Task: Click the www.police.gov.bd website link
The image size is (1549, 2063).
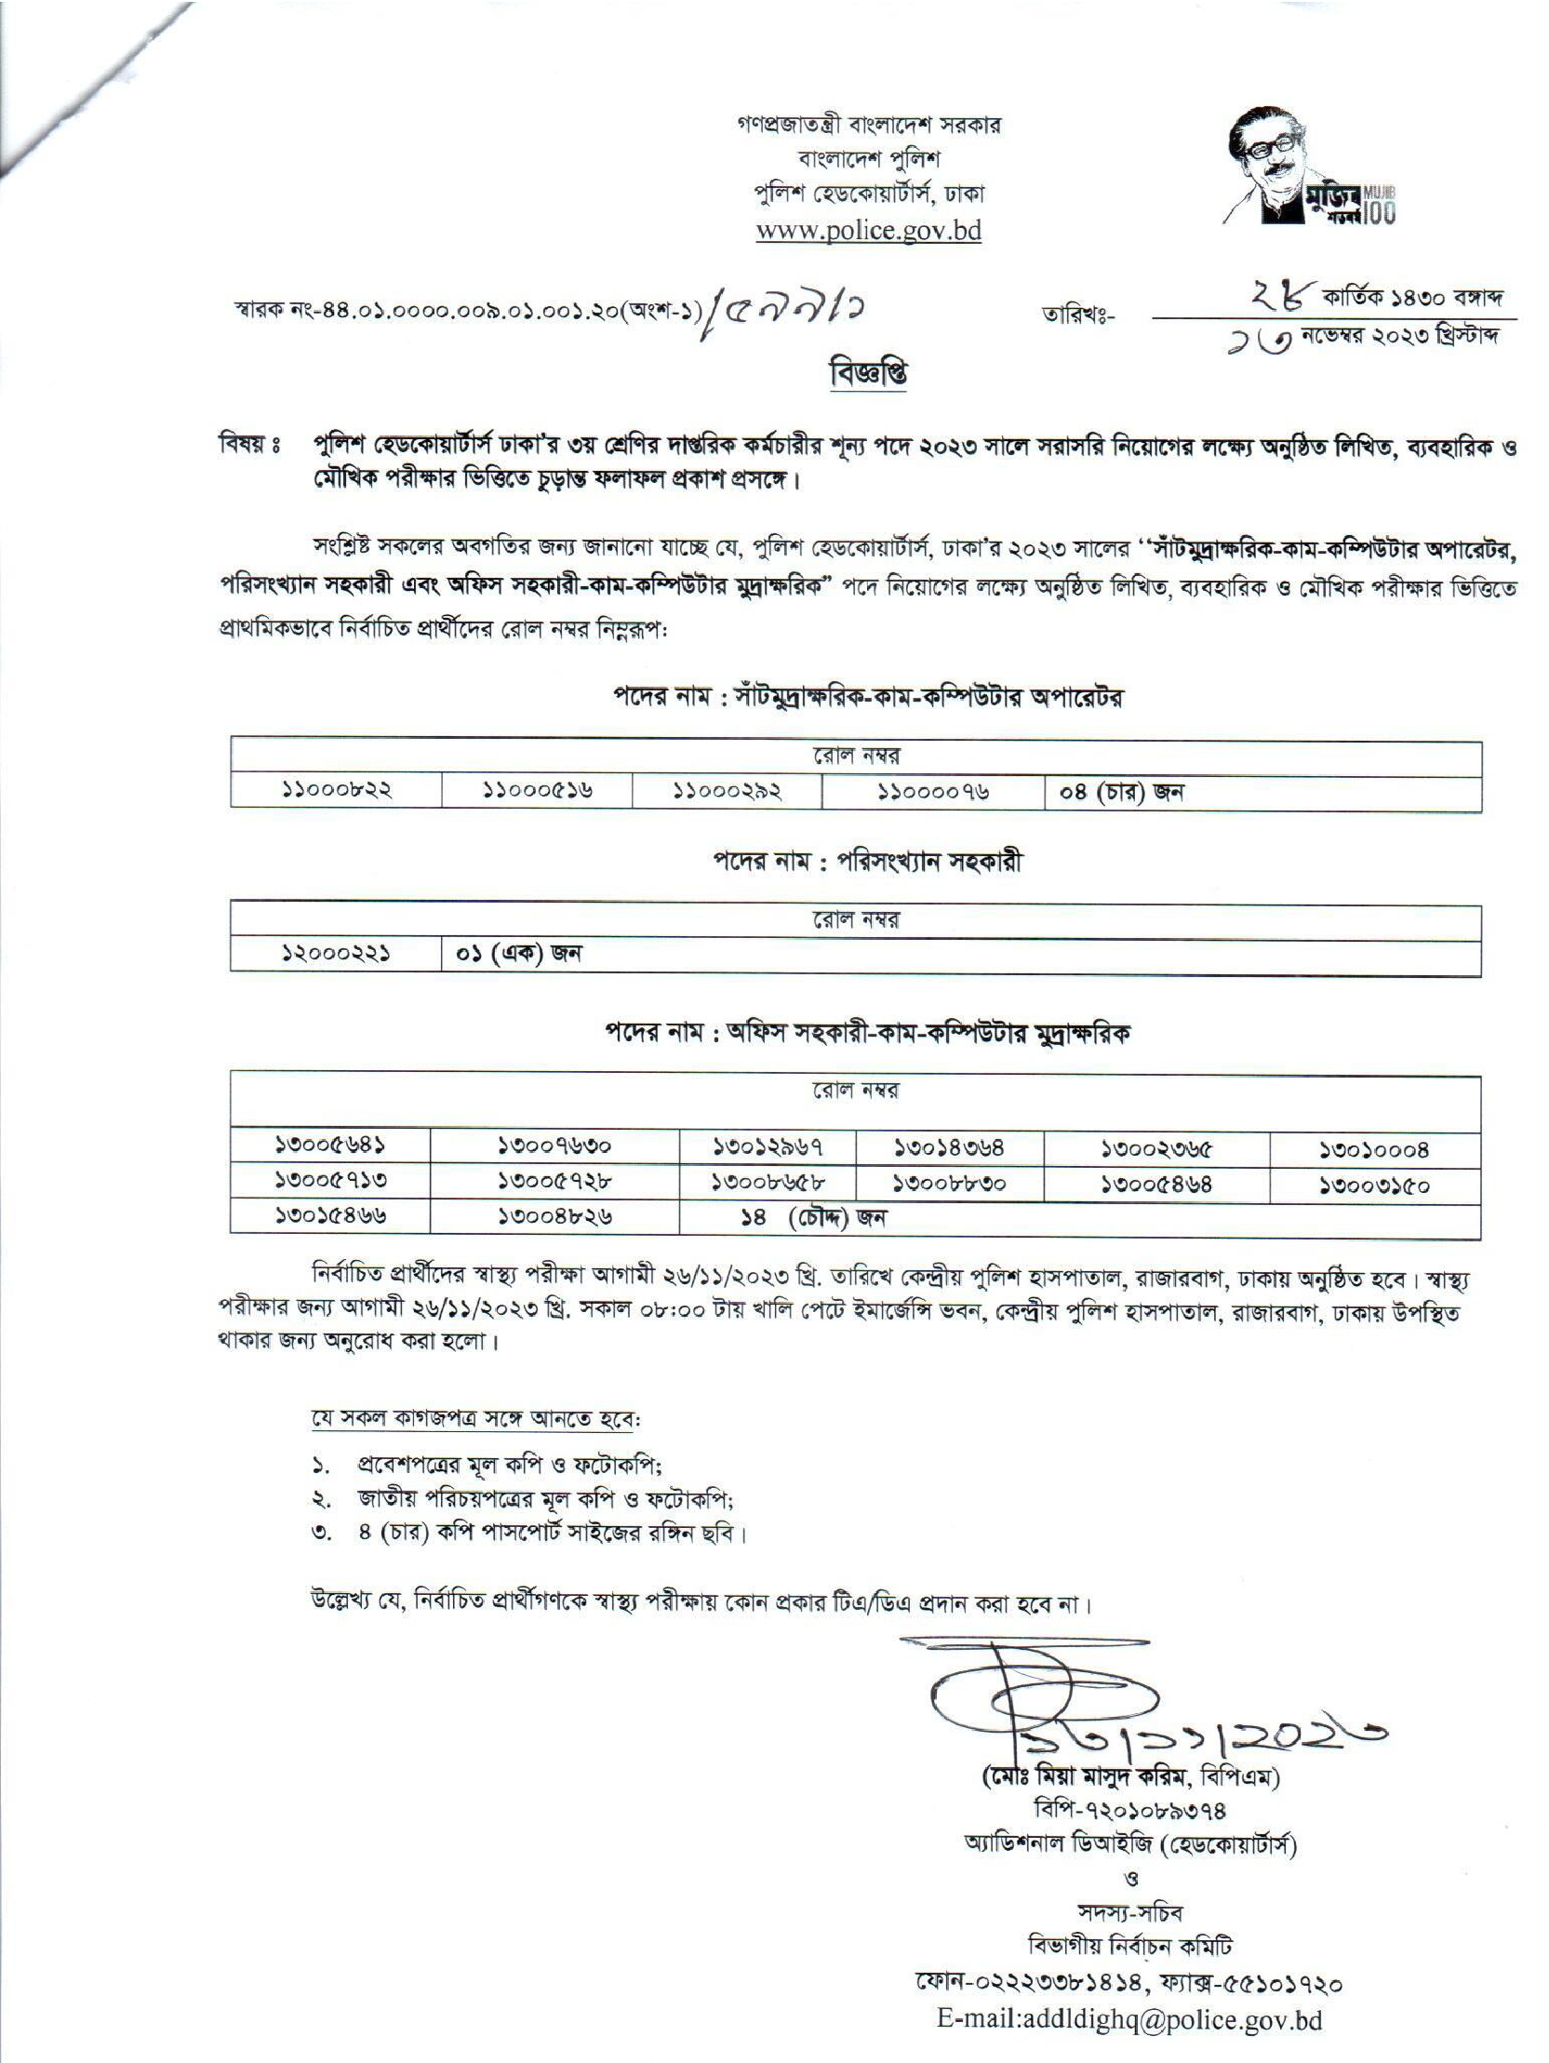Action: (868, 232)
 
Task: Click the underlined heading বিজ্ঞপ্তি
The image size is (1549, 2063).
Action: (867, 374)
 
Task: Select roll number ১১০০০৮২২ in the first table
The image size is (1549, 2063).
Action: (337, 792)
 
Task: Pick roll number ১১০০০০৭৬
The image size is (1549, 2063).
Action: (933, 792)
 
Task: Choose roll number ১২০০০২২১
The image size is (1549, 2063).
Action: (337, 954)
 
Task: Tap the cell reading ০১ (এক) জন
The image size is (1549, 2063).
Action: (518, 954)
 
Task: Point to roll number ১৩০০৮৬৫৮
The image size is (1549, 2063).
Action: (768, 1184)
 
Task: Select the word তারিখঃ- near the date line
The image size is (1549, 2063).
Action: (1077, 315)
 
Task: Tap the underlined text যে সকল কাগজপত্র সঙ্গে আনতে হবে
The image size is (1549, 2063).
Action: (475, 1419)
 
